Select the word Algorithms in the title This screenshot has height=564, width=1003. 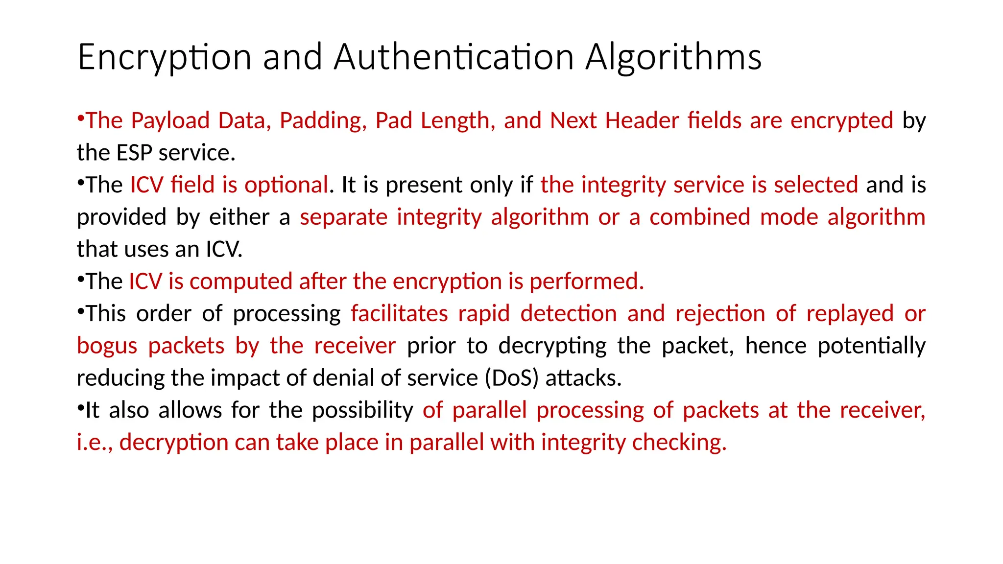[x=673, y=57]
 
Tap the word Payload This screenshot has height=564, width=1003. [x=170, y=121]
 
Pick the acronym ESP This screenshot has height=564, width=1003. [x=135, y=153]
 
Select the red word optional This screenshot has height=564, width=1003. [x=286, y=185]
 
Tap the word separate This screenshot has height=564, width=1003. [x=344, y=217]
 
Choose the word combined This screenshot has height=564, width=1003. [x=700, y=217]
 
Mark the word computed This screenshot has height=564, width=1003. [x=241, y=282]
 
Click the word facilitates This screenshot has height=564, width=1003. [x=399, y=314]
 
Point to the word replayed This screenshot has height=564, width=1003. [x=850, y=314]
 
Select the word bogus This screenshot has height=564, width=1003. [x=107, y=346]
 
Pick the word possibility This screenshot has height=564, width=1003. [x=362, y=410]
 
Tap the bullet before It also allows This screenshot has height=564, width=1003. [x=81, y=407]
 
